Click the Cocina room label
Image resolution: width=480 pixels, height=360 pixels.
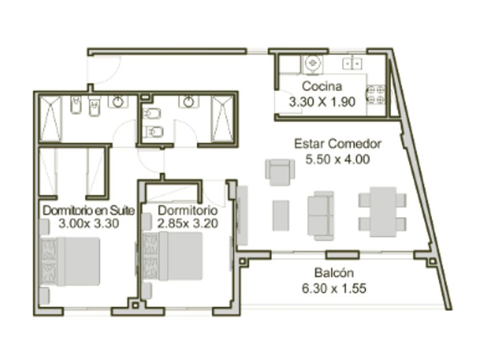322,86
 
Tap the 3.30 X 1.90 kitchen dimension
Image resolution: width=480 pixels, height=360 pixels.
322,102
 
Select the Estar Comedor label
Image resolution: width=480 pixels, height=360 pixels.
338,143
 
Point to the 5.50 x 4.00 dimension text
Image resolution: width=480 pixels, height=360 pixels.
338,159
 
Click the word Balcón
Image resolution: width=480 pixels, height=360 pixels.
334,273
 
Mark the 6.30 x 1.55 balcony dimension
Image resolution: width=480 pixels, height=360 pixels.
334,289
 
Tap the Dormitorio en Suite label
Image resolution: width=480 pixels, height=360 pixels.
89,211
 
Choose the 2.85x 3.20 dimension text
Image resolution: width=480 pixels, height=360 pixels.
187,223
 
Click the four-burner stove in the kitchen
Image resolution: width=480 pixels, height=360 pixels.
375,95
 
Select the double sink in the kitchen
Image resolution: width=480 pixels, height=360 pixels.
353,63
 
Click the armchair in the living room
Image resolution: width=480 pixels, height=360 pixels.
280,173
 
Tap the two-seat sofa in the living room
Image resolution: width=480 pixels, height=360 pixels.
321,216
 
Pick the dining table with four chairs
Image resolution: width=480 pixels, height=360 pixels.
383,212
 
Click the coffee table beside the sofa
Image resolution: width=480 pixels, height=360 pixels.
281,215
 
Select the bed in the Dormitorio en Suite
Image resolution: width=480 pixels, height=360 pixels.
70,262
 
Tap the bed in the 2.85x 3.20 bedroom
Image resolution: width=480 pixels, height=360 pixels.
173,256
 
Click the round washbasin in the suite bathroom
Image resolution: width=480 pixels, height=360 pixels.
118,102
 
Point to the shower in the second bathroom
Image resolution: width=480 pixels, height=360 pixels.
222,119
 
